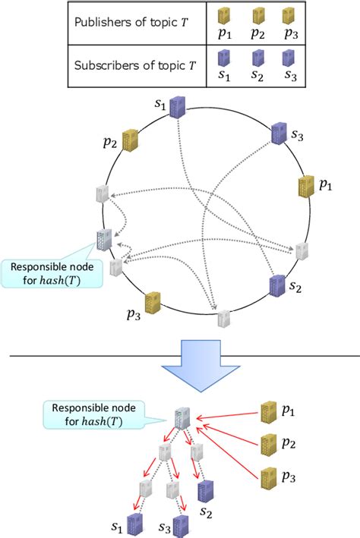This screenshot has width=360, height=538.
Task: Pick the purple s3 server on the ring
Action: coord(278,134)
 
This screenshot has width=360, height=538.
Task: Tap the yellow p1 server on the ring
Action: coord(306,186)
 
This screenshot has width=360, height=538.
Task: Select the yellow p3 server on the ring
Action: coord(152,303)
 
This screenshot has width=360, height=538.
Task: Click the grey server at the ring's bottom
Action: coord(224,319)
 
